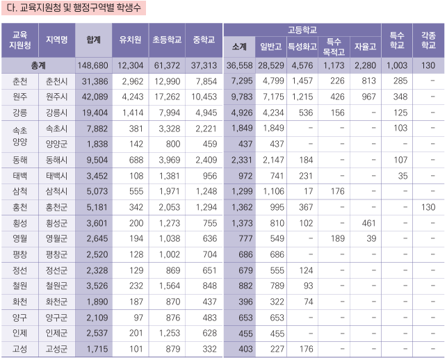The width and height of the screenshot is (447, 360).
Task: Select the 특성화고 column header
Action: click(x=302, y=47)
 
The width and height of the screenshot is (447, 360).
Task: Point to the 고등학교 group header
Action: click(x=302, y=30)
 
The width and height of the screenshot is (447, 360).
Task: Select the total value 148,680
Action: click(x=93, y=65)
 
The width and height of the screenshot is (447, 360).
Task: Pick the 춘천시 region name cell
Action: click(x=57, y=81)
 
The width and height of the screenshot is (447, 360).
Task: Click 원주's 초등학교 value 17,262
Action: click(x=167, y=97)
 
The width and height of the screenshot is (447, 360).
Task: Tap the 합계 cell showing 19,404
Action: click(x=95, y=113)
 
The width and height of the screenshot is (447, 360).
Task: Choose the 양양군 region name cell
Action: click(x=57, y=144)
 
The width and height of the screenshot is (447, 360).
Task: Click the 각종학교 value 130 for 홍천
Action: click(x=428, y=207)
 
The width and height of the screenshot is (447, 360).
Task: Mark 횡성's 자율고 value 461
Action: click(x=364, y=223)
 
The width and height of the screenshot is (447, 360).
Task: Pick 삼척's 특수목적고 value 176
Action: click(x=333, y=192)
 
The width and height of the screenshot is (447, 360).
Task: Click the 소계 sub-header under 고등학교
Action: click(x=240, y=47)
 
